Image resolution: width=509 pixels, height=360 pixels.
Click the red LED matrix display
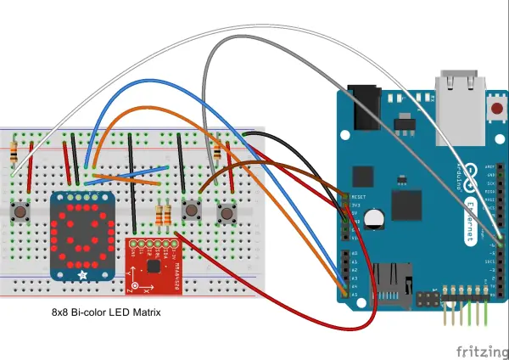click(x=82, y=235)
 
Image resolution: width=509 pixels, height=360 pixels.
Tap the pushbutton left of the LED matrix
click(x=19, y=210)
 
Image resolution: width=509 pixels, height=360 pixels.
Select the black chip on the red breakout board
click(x=154, y=266)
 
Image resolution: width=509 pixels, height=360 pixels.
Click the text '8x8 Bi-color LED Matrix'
click(x=107, y=313)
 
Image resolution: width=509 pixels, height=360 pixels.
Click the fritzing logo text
click(x=478, y=351)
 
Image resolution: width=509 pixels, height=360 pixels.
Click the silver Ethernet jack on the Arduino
click(x=460, y=93)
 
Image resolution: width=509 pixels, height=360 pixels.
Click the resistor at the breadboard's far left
click(x=15, y=153)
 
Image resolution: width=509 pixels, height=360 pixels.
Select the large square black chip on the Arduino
click(x=406, y=205)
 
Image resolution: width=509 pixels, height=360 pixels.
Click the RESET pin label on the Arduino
click(x=357, y=197)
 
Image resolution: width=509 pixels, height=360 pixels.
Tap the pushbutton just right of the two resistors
click(x=193, y=209)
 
